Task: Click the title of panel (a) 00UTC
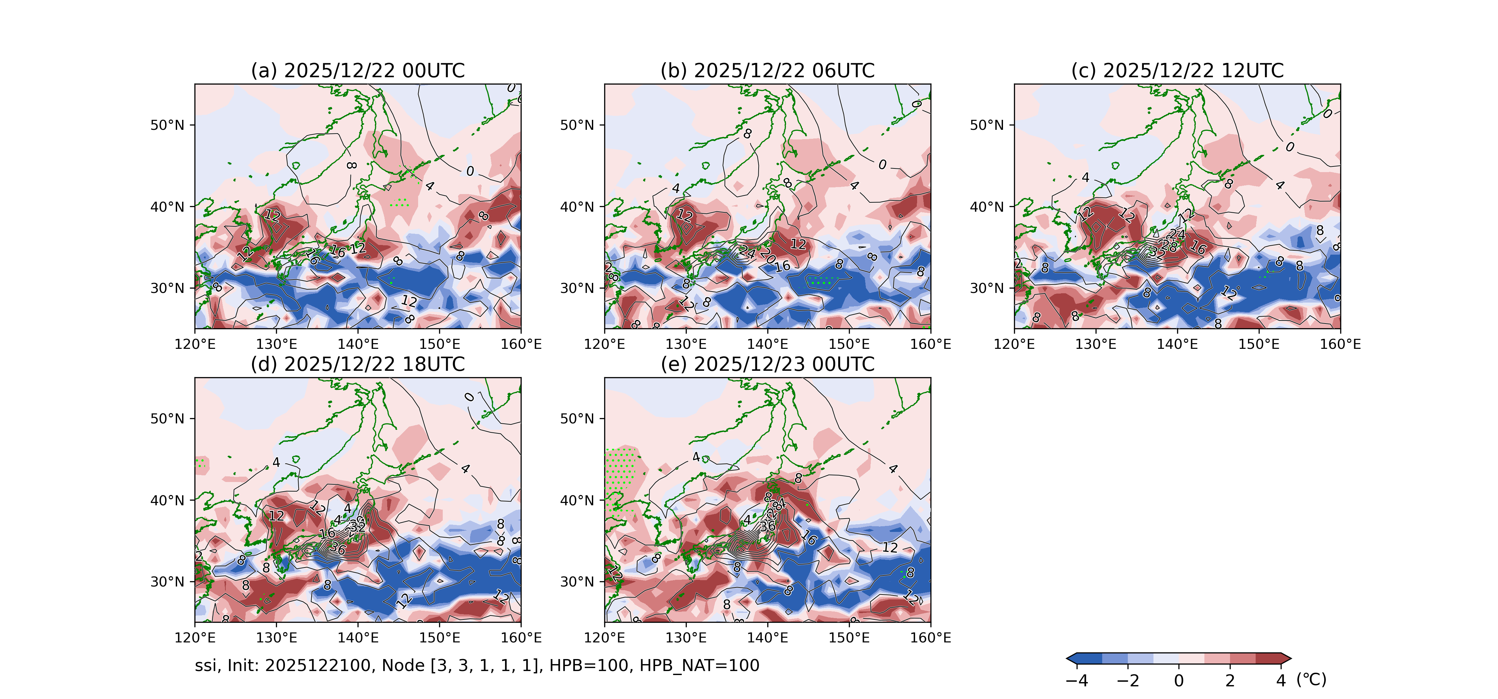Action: (358, 71)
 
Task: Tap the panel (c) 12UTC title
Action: (1177, 71)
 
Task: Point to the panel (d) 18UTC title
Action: (358, 364)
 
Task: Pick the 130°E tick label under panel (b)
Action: (686, 344)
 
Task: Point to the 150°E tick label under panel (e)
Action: (849, 638)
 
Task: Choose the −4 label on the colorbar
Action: (1077, 680)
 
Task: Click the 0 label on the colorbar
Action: (1179, 680)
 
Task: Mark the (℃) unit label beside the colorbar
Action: (1311, 679)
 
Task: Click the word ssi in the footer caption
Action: (205, 665)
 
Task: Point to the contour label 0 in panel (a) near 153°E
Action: (470, 171)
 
